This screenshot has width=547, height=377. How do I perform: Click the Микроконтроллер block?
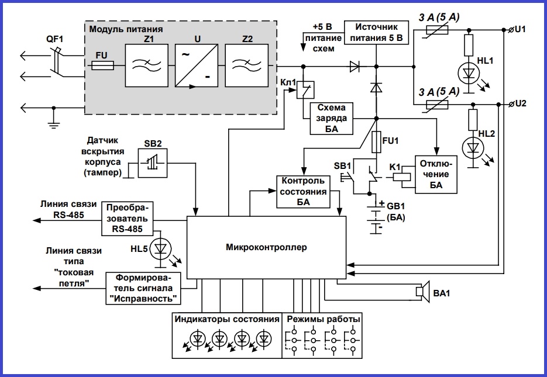point(266,247)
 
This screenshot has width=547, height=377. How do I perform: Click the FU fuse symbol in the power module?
point(104,67)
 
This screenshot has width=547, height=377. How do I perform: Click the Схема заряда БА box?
point(332,119)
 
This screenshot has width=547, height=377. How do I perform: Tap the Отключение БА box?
point(435,174)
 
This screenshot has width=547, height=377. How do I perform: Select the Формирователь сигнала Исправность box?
point(142,288)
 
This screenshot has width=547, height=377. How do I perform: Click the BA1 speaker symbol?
point(421,291)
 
